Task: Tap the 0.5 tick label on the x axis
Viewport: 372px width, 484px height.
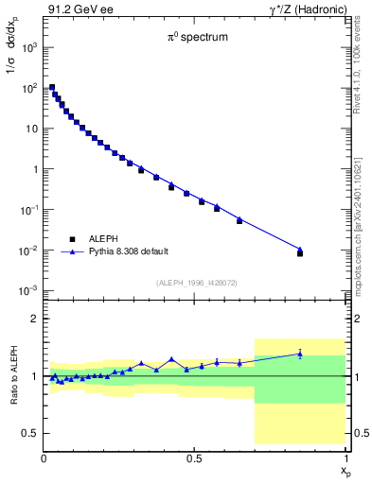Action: [195, 458]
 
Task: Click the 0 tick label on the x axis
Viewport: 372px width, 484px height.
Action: [44, 458]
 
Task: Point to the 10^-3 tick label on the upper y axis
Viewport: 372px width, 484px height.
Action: [27, 290]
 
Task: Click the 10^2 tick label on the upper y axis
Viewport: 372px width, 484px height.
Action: [27, 87]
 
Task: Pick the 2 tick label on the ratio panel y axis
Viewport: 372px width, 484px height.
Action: [34, 319]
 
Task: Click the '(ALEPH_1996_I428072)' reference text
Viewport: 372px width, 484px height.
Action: [195, 284]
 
